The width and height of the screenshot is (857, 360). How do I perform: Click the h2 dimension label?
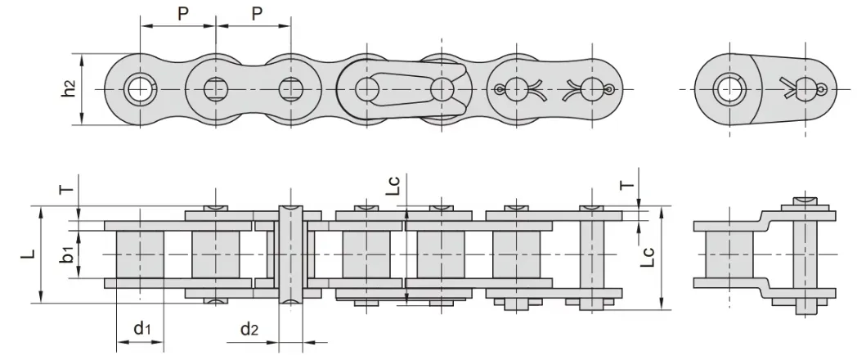pyautogui.click(x=70, y=88)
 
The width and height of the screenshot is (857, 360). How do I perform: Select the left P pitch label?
pyautogui.click(x=183, y=14)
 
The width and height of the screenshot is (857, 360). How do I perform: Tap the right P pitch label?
pyautogui.click(x=258, y=14)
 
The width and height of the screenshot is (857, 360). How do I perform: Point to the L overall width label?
pyautogui.click(x=30, y=254)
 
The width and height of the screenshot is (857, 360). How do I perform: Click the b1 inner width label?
pyautogui.click(x=68, y=254)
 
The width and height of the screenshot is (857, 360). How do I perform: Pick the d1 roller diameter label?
pyautogui.click(x=142, y=328)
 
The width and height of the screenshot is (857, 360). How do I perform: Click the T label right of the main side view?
pyautogui.click(x=628, y=184)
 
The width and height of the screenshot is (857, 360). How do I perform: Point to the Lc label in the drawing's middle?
pyautogui.click(x=395, y=185)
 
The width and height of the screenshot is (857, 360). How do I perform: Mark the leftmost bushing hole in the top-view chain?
pyautogui.click(x=141, y=88)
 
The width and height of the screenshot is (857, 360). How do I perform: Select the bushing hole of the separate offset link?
pyautogui.click(x=729, y=89)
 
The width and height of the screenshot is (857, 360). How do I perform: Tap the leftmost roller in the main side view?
pyautogui.click(x=140, y=254)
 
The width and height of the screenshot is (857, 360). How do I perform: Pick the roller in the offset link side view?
pyautogui.click(x=729, y=254)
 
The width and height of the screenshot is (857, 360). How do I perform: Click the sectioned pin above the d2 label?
pyautogui.click(x=291, y=254)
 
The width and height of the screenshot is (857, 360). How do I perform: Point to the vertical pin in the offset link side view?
pyautogui.click(x=805, y=255)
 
